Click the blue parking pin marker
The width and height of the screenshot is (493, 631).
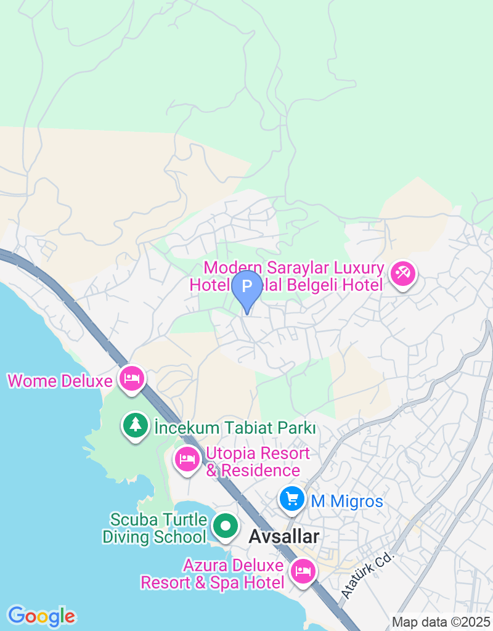click(x=246, y=287)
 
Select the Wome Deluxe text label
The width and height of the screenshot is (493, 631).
click(x=60, y=381)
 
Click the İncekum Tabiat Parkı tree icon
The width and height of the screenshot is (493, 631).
click(x=136, y=425)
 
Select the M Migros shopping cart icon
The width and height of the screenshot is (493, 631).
click(x=292, y=499)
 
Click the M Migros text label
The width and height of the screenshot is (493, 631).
click(x=347, y=502)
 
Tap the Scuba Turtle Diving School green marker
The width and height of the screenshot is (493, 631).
click(x=226, y=527)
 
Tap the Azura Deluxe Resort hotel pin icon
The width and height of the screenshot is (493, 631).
click(x=303, y=571)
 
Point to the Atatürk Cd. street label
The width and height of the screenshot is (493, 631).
click(x=367, y=574)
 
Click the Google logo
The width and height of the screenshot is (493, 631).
click(x=41, y=616)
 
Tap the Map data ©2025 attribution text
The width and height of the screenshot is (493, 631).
click(x=441, y=622)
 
